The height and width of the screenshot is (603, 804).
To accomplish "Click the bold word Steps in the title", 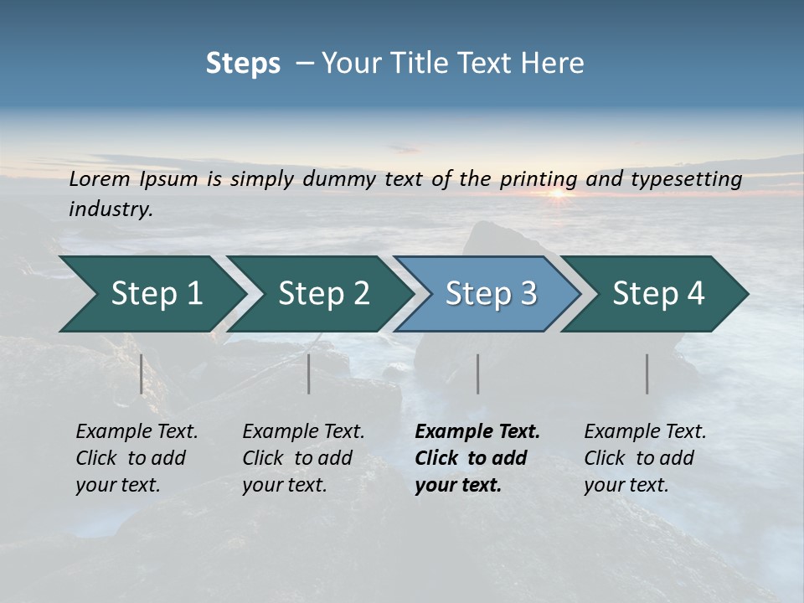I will [243, 64].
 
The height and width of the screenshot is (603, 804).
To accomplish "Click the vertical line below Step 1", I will [142, 374].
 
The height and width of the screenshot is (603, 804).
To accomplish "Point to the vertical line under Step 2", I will [309, 374].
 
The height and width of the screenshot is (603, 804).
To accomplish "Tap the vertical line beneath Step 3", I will [478, 374].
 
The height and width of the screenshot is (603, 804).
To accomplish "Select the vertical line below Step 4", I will [647, 374].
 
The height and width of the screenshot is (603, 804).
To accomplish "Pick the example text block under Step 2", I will [302, 458].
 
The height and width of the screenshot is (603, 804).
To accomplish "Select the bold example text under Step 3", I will [477, 458].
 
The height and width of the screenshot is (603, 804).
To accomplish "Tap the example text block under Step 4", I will [644, 458].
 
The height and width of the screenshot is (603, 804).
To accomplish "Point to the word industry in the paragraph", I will [111, 209].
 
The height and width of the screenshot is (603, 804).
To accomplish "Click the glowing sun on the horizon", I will [557, 194].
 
